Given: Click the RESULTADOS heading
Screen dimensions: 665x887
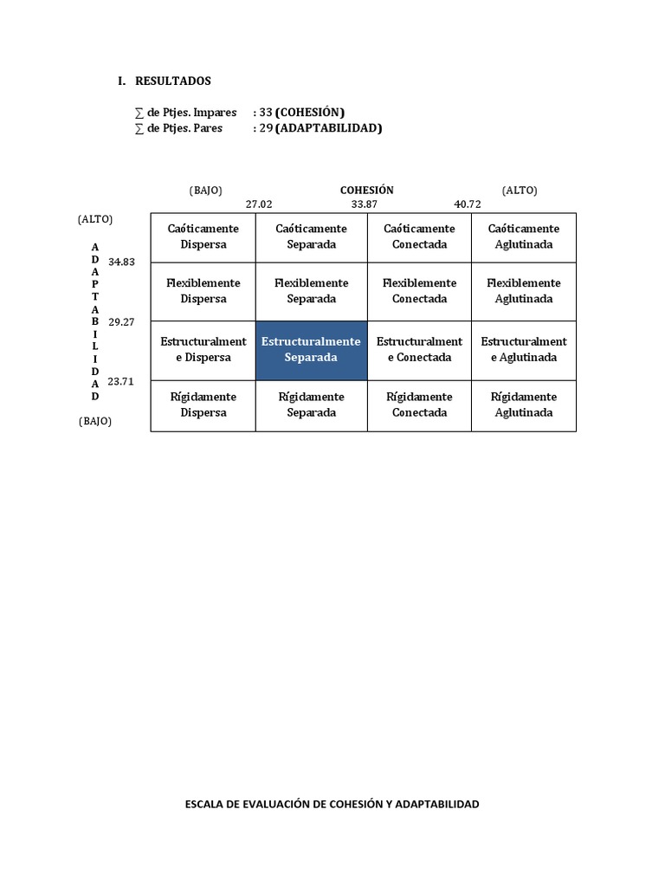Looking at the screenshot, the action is click(172, 81).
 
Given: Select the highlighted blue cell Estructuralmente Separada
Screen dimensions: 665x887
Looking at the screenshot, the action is click(311, 349).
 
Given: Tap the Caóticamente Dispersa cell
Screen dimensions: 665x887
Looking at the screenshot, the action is click(203, 236).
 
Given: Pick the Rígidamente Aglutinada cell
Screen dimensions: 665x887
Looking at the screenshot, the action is click(523, 405).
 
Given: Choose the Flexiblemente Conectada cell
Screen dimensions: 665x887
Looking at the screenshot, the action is click(419, 291).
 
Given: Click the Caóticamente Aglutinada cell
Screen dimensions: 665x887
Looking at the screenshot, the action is click(523, 236).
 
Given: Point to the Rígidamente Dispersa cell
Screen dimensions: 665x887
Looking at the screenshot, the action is click(203, 405).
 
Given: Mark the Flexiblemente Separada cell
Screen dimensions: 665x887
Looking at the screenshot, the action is click(311, 291).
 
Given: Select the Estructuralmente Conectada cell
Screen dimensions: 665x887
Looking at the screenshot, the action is click(419, 349).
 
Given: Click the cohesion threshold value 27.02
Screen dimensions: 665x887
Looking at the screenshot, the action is click(259, 204).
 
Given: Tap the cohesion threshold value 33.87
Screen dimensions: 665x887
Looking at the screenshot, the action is click(364, 204).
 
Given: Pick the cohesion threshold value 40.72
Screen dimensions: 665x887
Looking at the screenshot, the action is click(468, 204).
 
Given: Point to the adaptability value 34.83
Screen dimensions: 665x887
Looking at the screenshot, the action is click(121, 262).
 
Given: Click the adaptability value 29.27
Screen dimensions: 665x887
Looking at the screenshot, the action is click(121, 321).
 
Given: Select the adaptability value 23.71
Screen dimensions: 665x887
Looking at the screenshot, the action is click(121, 380).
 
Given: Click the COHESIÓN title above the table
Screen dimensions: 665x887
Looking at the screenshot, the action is click(366, 190).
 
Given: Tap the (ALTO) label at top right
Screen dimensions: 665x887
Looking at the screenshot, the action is click(520, 190).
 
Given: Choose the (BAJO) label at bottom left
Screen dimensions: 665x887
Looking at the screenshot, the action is click(94, 421).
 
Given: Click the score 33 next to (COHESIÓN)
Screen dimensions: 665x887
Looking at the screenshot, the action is click(266, 113).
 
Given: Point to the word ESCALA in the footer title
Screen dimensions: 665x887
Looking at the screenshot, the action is click(206, 804).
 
